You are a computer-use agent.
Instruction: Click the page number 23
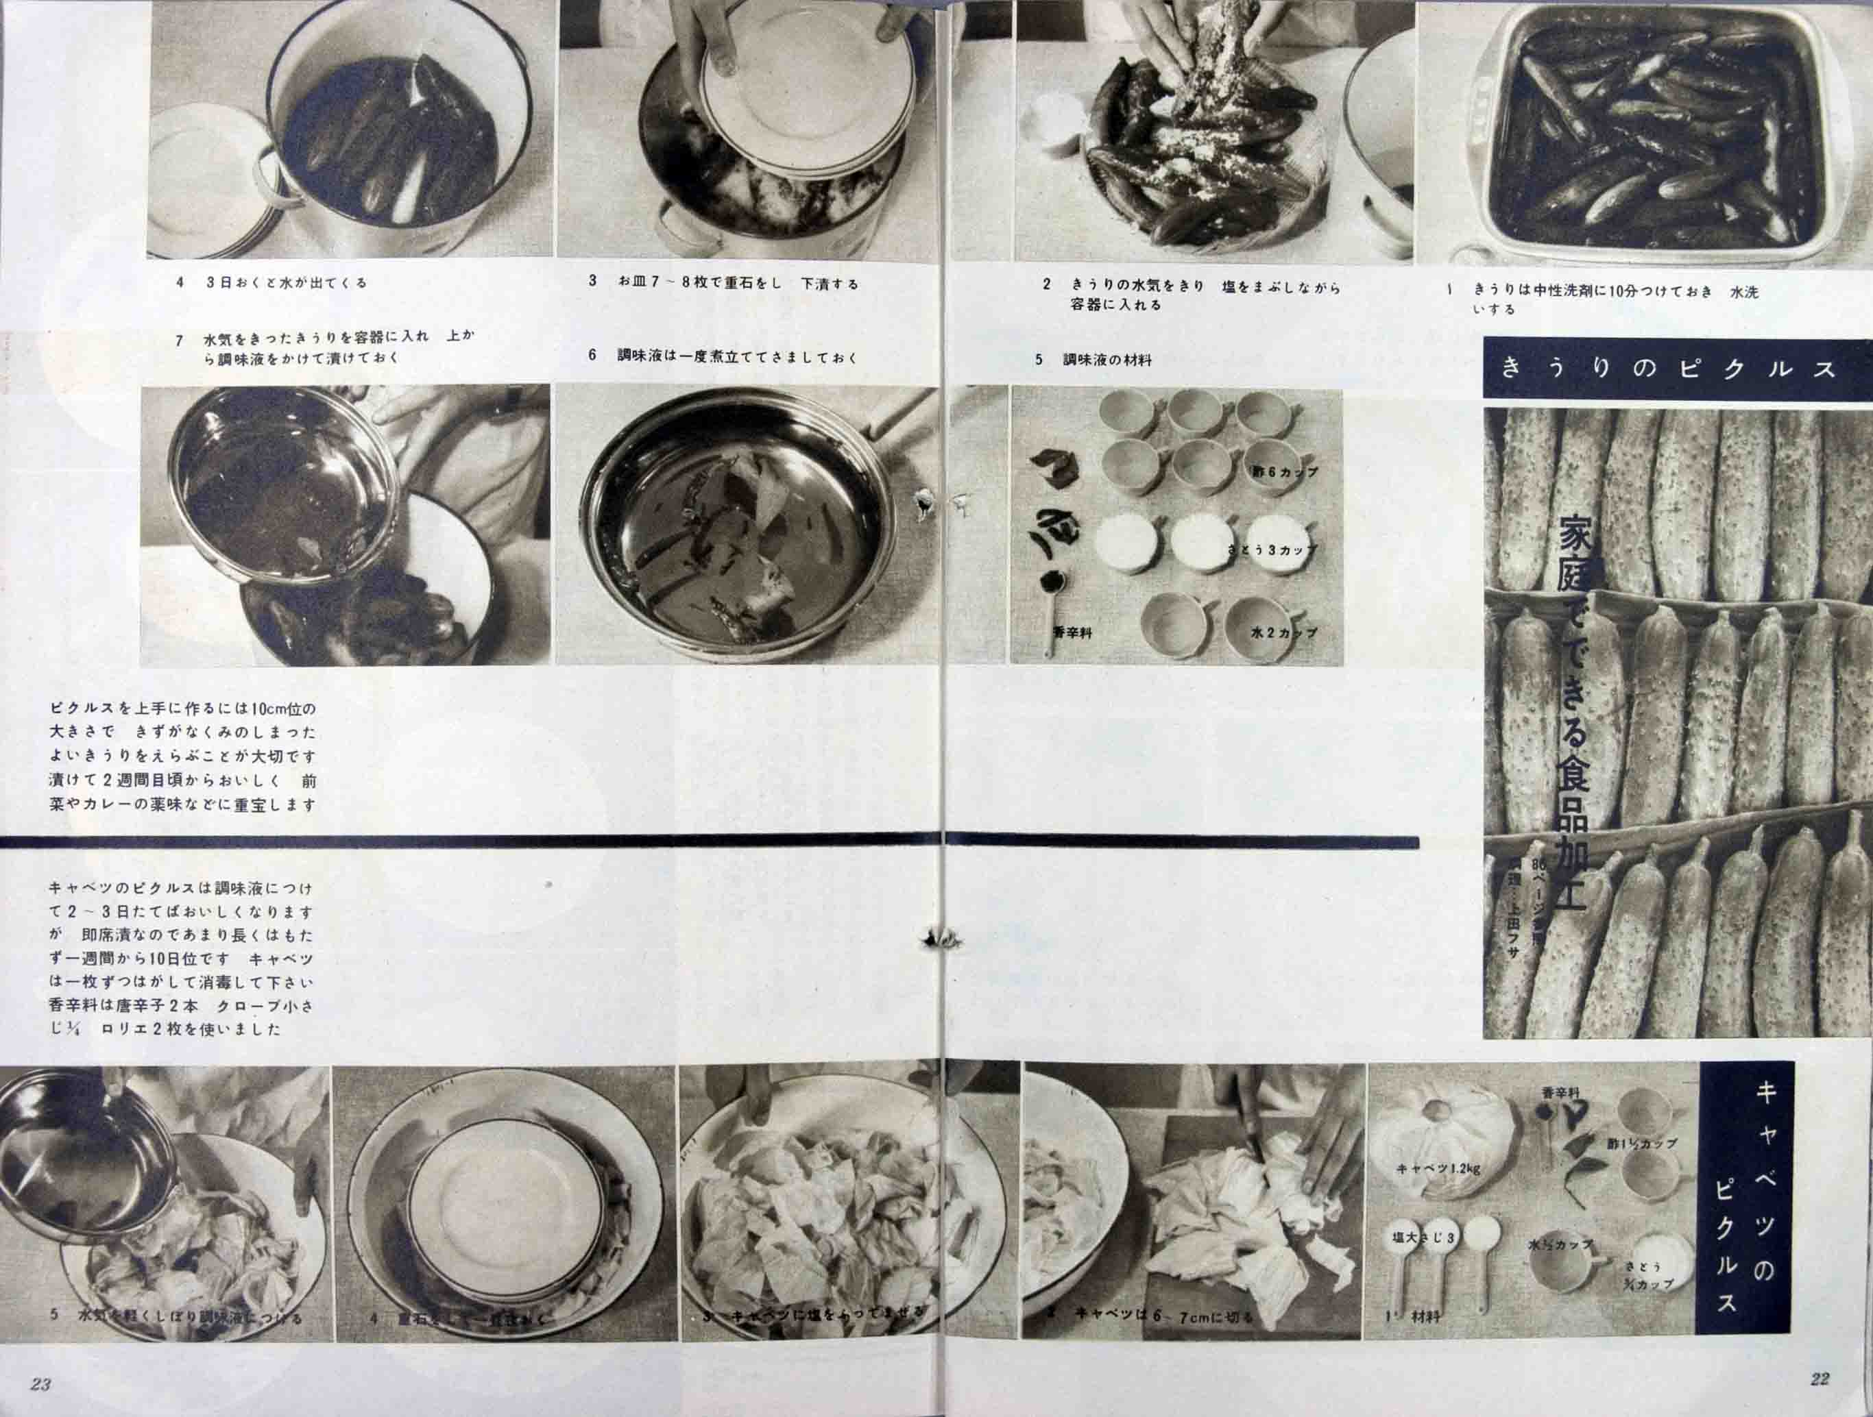coord(40,1385)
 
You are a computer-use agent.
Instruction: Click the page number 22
coord(1820,1379)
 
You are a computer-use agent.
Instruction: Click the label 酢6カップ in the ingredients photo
coord(1285,471)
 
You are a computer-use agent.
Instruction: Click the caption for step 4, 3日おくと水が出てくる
coord(271,283)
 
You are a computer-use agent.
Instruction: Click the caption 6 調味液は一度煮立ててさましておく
coord(724,357)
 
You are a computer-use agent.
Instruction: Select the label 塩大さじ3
coord(1423,1237)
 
